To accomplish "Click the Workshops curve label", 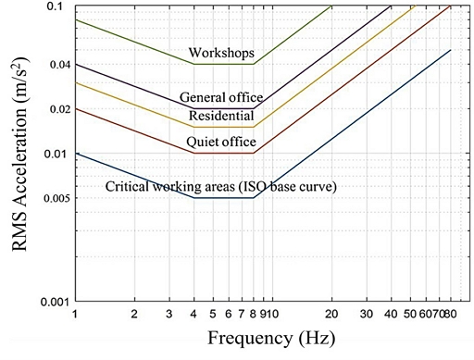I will tap(221, 54).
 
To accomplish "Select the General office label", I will tap(221, 97).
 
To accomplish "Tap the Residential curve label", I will tap(221, 116).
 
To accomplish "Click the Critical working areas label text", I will tap(220, 186).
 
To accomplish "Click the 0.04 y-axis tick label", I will tap(56, 65).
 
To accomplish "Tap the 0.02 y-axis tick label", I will tap(56, 109).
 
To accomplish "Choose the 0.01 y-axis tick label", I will tap(56, 154).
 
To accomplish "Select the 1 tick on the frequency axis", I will tap(75, 314).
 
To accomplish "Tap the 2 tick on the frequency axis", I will tap(134, 314).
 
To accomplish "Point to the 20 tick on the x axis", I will tap(332, 314).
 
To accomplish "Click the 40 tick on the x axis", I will tap(392, 314).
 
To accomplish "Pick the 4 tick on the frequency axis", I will tap(193, 314).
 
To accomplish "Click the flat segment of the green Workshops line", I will tap(223, 64).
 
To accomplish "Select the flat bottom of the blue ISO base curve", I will tap(223, 198).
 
